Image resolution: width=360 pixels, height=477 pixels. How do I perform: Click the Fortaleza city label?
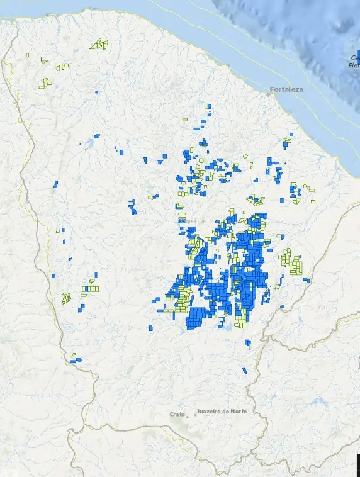(x=287, y=89)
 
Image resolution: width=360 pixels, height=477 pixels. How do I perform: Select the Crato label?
(x=177, y=414)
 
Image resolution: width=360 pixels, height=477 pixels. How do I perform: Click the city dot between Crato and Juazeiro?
(x=194, y=415)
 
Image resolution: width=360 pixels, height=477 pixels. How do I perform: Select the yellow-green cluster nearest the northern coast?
(x=99, y=45)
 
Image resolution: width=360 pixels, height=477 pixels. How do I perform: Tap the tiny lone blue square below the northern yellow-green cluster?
(x=96, y=92)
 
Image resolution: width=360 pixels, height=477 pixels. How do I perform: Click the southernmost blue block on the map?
(x=245, y=370)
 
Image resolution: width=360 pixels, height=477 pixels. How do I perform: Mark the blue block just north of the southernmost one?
(x=248, y=344)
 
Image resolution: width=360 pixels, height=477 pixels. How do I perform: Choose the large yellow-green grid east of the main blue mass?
(x=291, y=262)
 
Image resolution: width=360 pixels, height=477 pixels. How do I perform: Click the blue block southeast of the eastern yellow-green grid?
(x=307, y=280)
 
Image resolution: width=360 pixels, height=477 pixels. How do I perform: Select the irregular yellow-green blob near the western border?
(x=65, y=298)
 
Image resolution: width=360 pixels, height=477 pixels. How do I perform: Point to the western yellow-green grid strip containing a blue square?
(x=91, y=289)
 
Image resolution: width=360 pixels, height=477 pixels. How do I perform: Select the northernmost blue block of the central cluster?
(x=208, y=106)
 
